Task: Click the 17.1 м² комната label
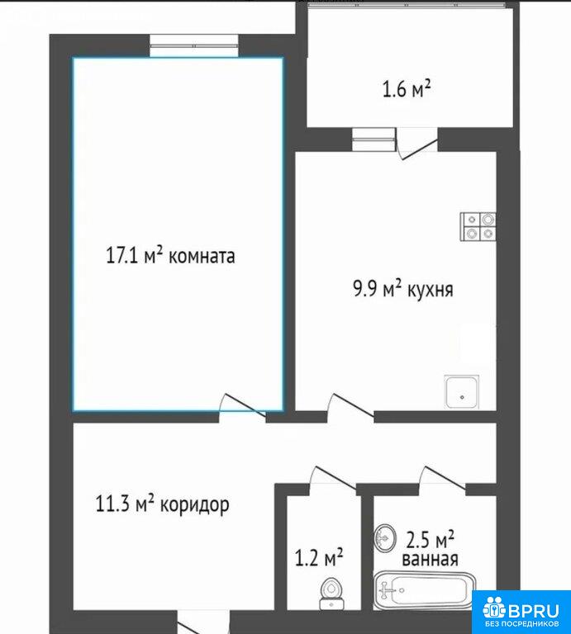[170, 256]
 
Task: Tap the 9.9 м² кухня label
[403, 290]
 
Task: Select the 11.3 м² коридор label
[162, 504]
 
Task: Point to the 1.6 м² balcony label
[407, 88]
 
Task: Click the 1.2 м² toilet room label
[319, 557]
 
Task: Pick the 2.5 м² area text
[430, 539]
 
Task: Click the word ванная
[430, 560]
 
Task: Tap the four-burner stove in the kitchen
[478, 226]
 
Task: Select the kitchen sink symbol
[462, 392]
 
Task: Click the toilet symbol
[331, 594]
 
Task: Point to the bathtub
[424, 591]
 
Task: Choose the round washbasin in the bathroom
[385, 537]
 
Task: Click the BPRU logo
[522, 613]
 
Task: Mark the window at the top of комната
[194, 45]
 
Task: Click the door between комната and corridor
[242, 406]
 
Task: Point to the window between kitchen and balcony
[374, 140]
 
